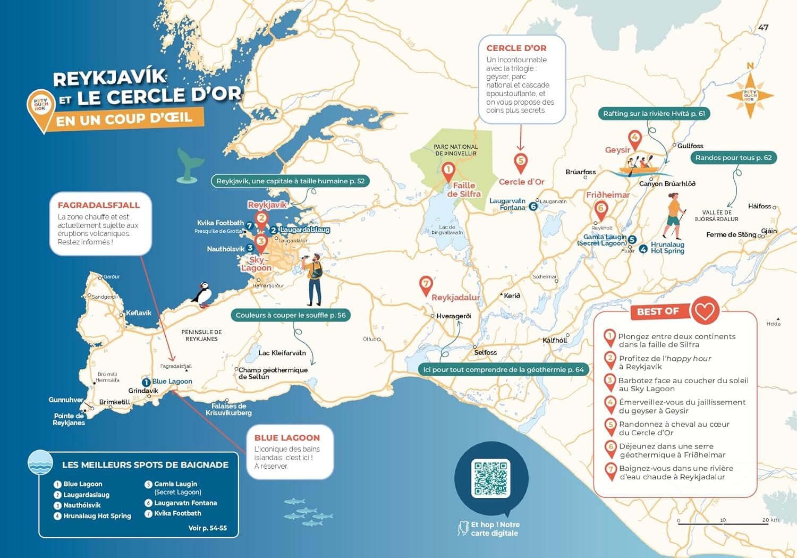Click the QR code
[x=491, y=478]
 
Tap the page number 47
[x=763, y=28]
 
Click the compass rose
[x=750, y=96]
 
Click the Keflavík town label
[x=139, y=313]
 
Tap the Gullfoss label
[x=690, y=146]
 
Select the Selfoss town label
[x=485, y=352]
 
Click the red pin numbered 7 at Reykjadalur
[x=426, y=284]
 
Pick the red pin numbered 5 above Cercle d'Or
[x=521, y=162]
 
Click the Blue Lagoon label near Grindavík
[x=172, y=382]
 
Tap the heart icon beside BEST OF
[x=705, y=310]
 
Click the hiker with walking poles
[x=674, y=215]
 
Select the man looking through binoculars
[x=314, y=279]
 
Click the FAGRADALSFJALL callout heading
[x=99, y=205]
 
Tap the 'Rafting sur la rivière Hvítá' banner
[x=654, y=114]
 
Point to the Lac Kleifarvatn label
[x=282, y=353]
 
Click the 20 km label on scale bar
[x=770, y=520]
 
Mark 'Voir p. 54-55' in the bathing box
[x=207, y=528]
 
